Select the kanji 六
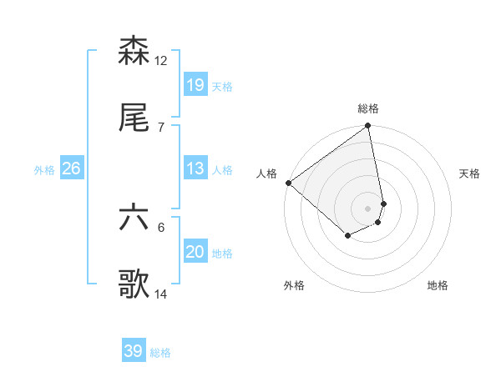(x=134, y=219)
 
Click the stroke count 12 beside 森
(x=161, y=60)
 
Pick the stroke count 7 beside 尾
(x=160, y=127)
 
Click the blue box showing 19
(x=195, y=84)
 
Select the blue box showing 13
(x=195, y=168)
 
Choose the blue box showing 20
(x=195, y=252)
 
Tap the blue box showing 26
(x=71, y=168)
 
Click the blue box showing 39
(x=133, y=351)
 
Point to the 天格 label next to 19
(x=222, y=86)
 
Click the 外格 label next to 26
(x=44, y=170)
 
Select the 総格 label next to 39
(x=160, y=353)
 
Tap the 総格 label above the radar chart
(x=368, y=108)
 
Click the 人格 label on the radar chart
(x=266, y=173)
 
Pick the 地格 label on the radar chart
(x=438, y=285)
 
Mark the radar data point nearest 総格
(x=368, y=127)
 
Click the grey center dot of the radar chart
(x=368, y=208)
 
